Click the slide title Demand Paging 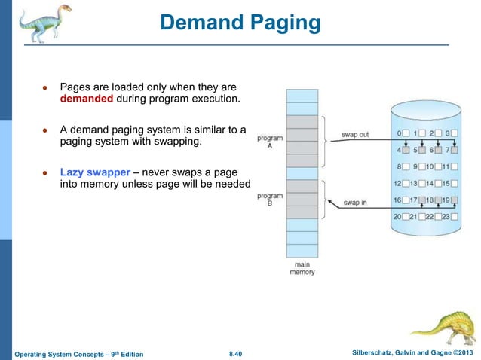tap(240, 23)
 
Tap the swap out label tap(354, 135)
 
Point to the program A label tap(269, 142)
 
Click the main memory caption tap(302, 268)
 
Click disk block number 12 tap(397, 184)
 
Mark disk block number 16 tap(397, 200)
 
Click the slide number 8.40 tap(239, 352)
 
